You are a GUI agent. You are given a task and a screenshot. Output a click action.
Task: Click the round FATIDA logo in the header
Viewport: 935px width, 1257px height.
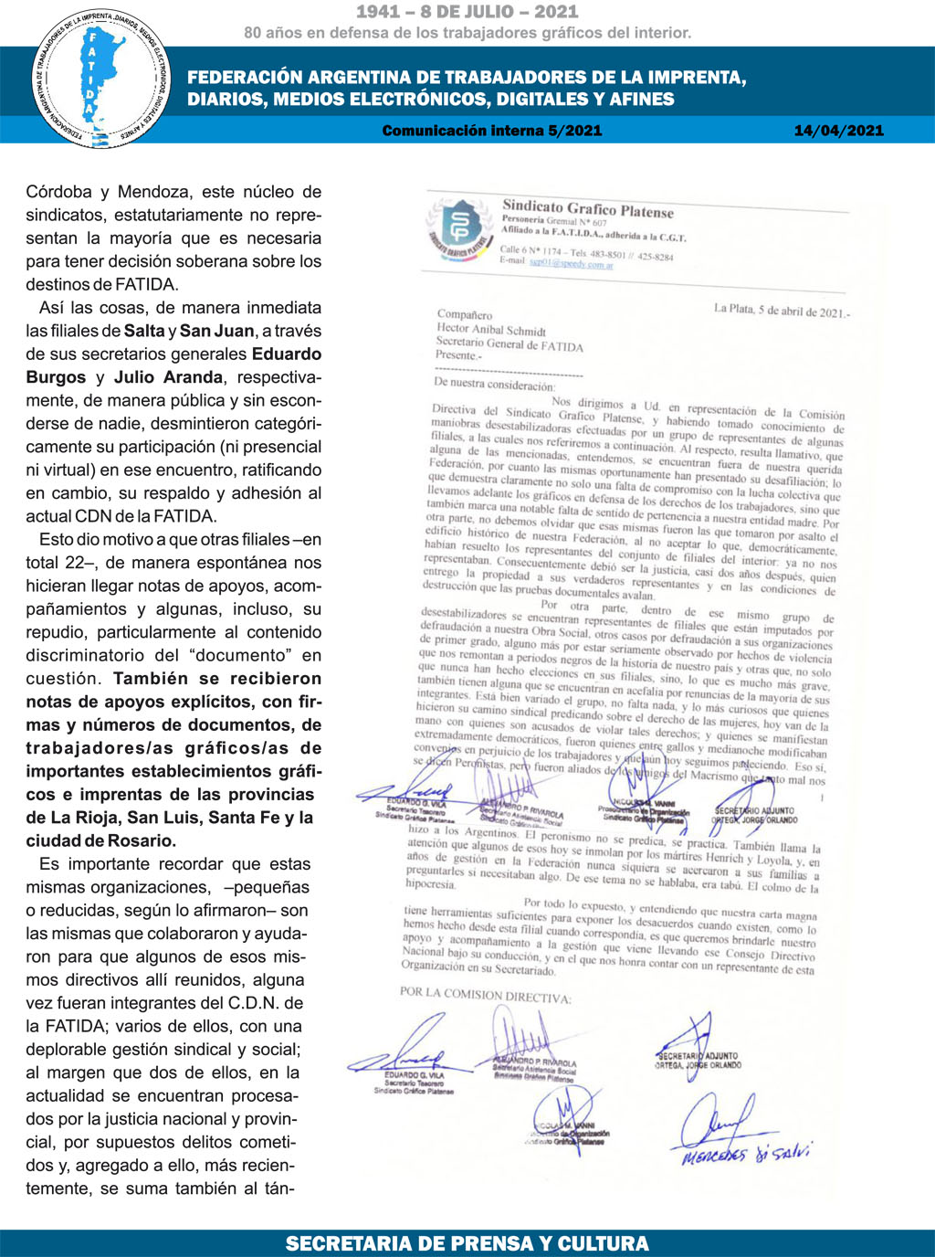point(100,79)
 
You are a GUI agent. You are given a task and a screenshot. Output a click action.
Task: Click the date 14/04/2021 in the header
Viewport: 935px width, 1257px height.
point(838,131)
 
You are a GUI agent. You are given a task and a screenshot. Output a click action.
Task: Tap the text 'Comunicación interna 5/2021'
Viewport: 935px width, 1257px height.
point(492,131)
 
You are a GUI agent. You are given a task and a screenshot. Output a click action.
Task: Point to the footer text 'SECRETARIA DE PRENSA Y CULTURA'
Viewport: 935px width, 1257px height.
point(467,1243)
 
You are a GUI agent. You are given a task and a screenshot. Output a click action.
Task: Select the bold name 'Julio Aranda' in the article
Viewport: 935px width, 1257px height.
point(168,377)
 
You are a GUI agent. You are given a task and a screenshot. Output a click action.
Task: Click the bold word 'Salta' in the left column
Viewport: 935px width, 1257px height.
point(144,331)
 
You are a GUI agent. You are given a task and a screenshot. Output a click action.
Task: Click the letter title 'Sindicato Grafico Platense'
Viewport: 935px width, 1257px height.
point(588,209)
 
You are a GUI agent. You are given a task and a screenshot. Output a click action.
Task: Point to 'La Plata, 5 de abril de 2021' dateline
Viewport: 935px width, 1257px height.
point(781,311)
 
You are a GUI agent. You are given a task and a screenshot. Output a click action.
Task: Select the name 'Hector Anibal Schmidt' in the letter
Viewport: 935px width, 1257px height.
point(491,331)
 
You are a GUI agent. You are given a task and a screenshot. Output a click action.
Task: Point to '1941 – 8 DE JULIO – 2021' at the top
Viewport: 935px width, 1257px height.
point(467,12)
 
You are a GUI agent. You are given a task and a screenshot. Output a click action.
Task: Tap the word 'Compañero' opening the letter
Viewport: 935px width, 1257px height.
point(465,315)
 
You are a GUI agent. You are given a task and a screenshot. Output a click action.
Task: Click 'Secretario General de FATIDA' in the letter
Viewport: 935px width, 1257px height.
point(510,344)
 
